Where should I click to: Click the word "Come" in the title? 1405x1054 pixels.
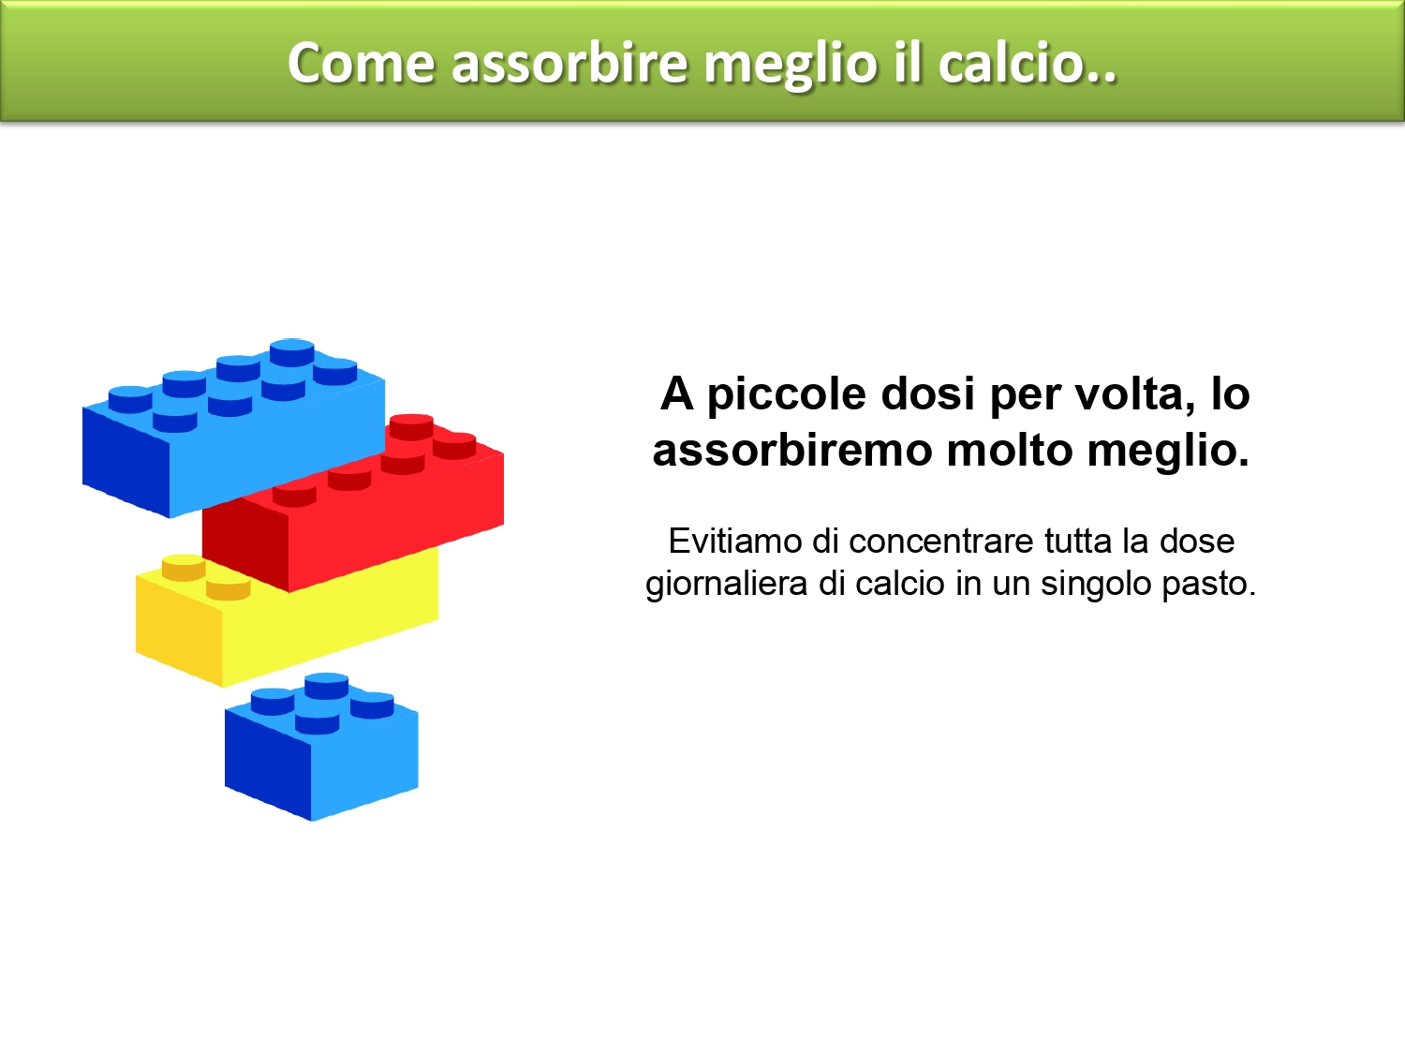[362, 63]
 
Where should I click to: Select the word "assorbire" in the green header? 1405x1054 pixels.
[569, 63]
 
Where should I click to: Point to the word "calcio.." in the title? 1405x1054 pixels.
[1028, 63]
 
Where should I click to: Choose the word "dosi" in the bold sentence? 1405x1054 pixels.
[928, 393]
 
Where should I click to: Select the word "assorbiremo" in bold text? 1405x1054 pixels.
[791, 450]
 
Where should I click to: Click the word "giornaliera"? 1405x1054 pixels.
[727, 585]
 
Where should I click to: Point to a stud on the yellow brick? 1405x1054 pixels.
[184, 568]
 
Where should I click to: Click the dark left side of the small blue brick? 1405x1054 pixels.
[268, 762]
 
